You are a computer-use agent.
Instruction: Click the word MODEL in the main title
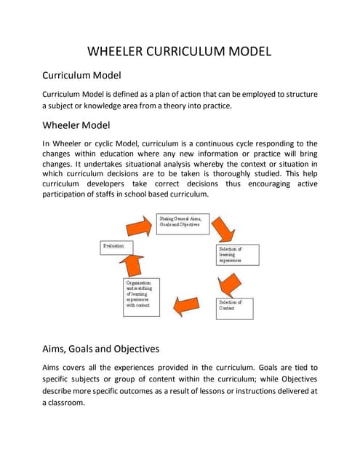pos(246,52)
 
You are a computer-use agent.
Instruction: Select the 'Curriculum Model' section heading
pos(81,75)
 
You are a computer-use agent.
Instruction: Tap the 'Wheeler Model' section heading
pos(76,125)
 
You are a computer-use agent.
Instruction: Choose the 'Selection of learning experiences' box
pos(234,255)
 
